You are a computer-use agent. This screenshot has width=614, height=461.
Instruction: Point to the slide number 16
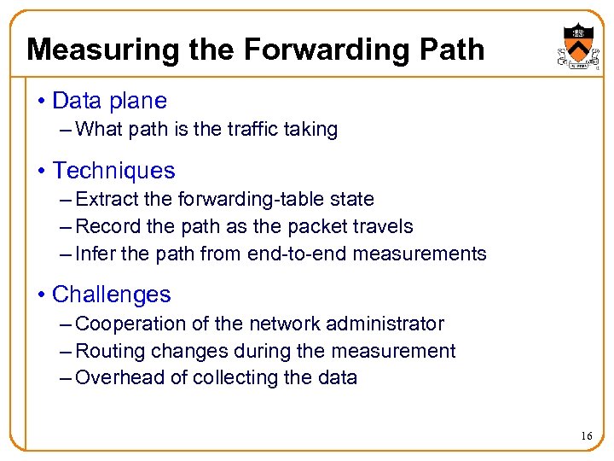coord(587,436)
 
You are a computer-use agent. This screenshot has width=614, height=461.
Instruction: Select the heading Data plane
coord(109,101)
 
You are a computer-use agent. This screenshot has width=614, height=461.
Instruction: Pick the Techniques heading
coord(113,171)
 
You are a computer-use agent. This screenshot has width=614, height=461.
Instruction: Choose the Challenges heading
coord(111,295)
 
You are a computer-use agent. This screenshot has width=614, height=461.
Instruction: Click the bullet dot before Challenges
coord(42,295)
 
